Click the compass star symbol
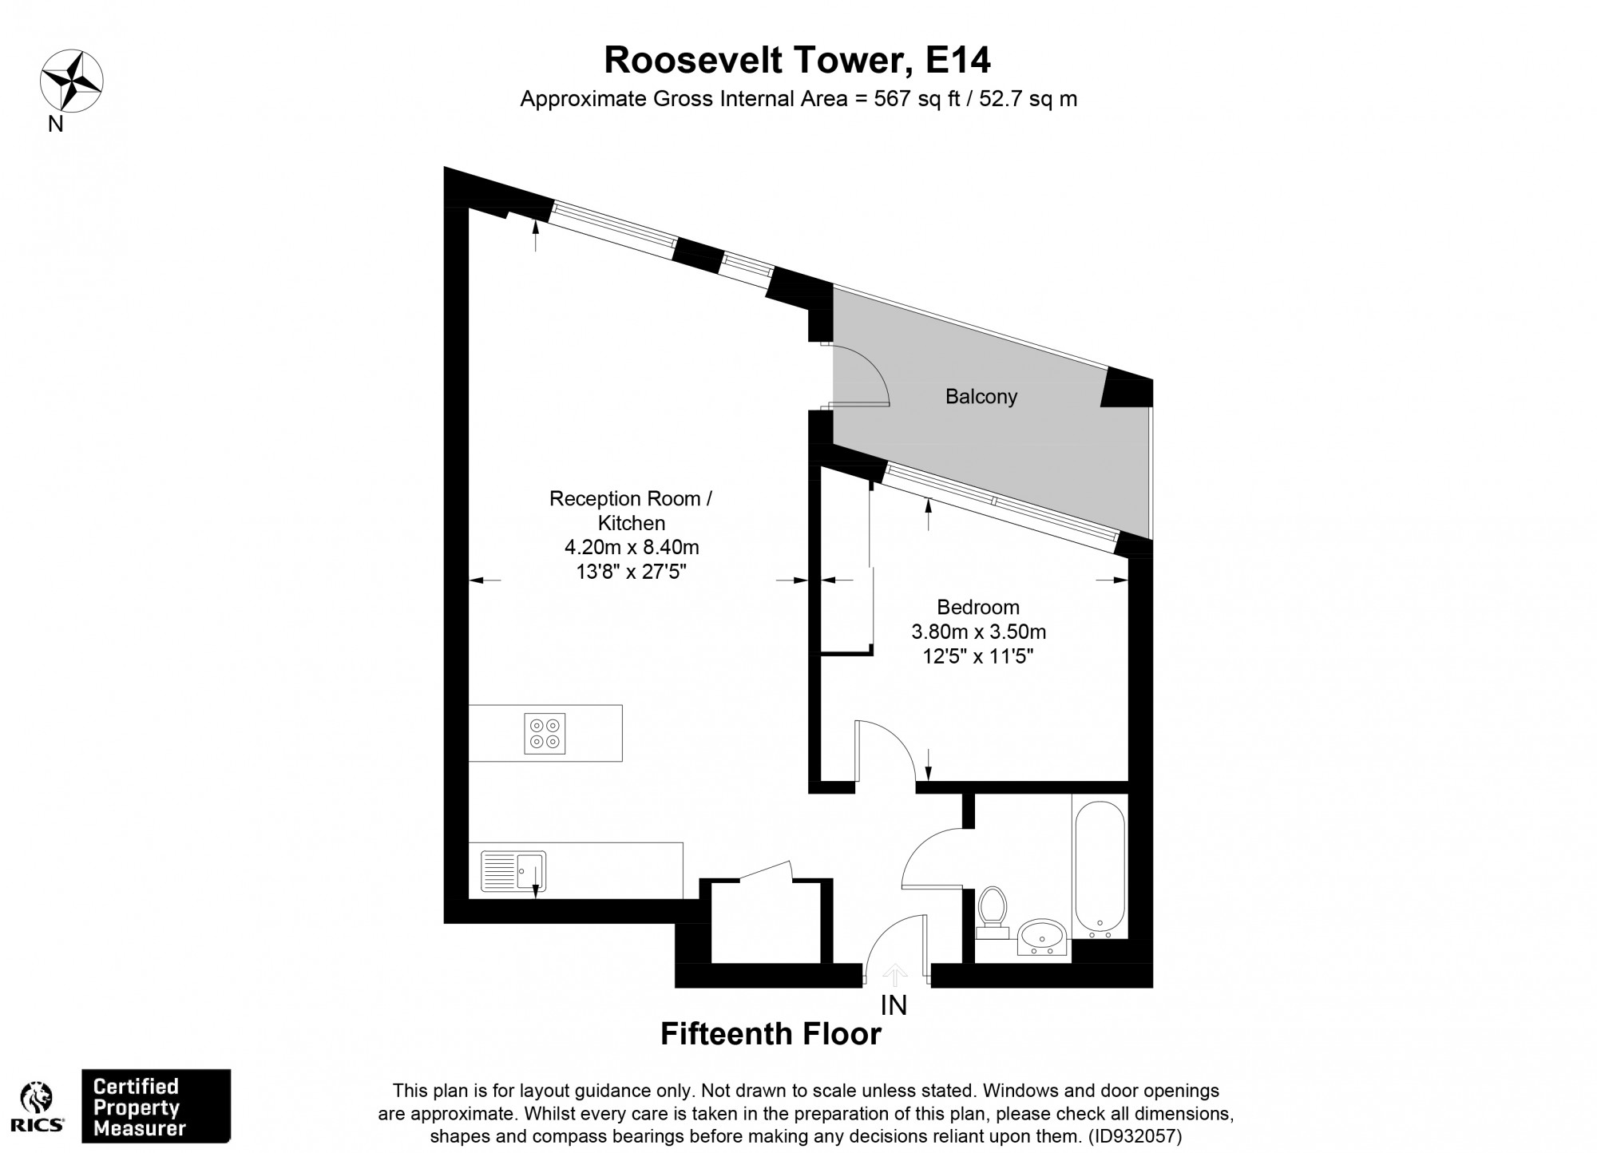pos(72,80)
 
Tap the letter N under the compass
pos(56,125)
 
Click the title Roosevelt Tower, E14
pos(797,60)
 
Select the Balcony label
pos(981,397)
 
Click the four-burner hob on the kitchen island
pos(545,734)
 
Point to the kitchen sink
pos(513,870)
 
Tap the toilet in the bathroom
pos(993,911)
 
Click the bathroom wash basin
pos(1042,936)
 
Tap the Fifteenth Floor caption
pos(771,1035)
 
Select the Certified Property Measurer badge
pos(157,1107)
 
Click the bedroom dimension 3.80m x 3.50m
pos(978,632)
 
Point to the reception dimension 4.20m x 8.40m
pos(632,548)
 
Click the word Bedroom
pos(978,607)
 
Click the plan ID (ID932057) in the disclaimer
pos(1135,1135)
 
